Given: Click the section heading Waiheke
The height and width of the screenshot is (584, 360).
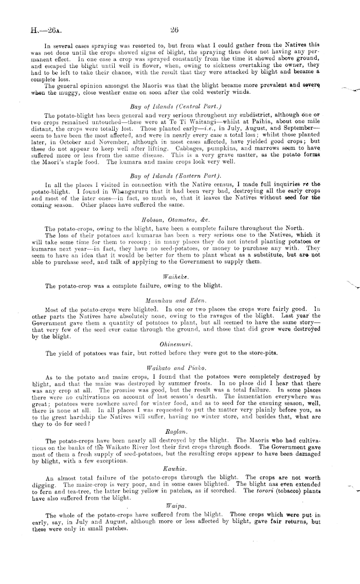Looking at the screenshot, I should pyautogui.click(x=173, y=276).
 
